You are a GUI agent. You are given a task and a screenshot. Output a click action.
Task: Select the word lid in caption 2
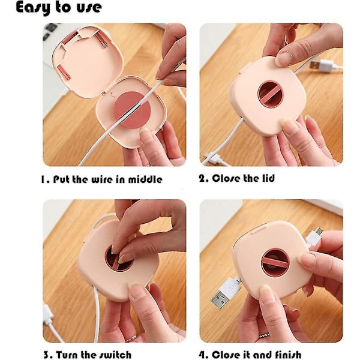tap(268, 178)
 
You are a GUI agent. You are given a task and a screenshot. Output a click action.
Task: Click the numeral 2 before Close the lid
tap(202, 178)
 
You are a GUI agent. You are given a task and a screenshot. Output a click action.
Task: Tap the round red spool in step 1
tap(133, 110)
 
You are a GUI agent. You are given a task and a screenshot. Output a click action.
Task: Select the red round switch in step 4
tap(275, 262)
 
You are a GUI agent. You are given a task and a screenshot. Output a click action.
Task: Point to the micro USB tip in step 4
tap(319, 230)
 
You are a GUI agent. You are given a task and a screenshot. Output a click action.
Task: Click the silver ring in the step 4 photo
tap(265, 335)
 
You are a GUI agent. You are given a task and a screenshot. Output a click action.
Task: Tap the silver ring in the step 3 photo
tap(131, 338)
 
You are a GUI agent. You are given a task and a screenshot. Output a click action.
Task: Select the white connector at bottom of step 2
tap(212, 158)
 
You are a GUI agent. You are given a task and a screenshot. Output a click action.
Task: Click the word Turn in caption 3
tap(67, 355)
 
